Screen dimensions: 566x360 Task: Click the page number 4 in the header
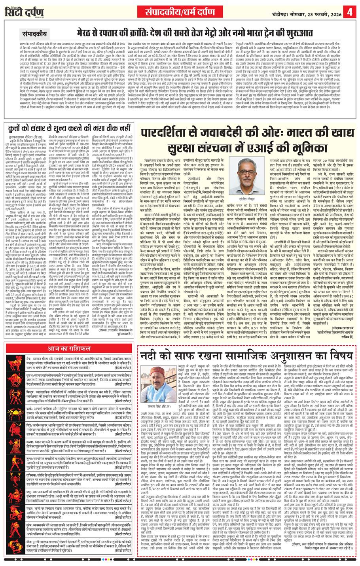pyautogui.click(x=349, y=11)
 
